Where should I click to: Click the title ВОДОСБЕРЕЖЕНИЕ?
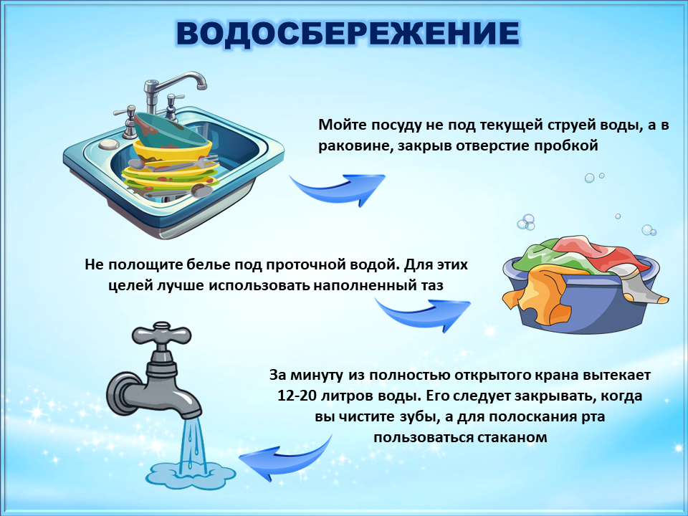(x=348, y=34)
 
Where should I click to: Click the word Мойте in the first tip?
(x=343, y=125)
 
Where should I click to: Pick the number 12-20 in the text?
(x=297, y=396)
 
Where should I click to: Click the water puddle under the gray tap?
(x=191, y=474)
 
